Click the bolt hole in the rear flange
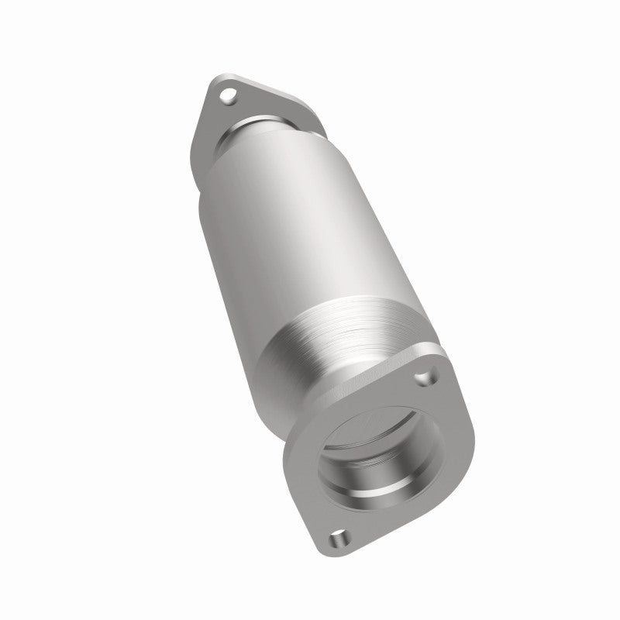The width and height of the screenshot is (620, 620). tap(226, 97)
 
